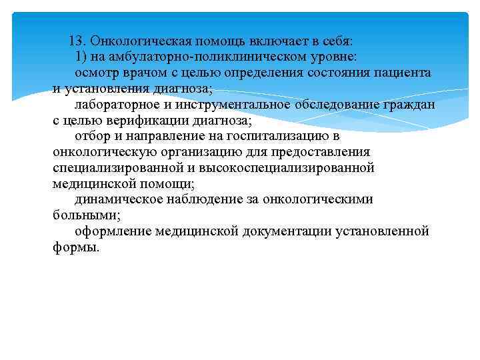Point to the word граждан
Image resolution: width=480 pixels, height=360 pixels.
(409, 105)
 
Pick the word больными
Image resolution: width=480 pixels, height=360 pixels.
(83, 215)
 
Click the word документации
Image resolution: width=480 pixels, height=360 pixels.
(296, 231)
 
